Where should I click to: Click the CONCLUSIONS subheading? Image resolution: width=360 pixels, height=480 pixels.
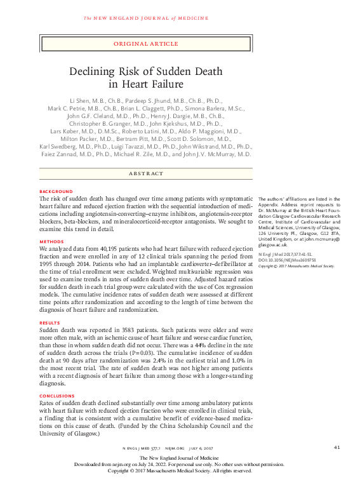(x=57, y=396)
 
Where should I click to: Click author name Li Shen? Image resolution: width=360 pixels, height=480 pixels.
(x=79, y=101)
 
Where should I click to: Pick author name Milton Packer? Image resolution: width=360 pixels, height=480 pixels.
(x=78, y=137)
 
